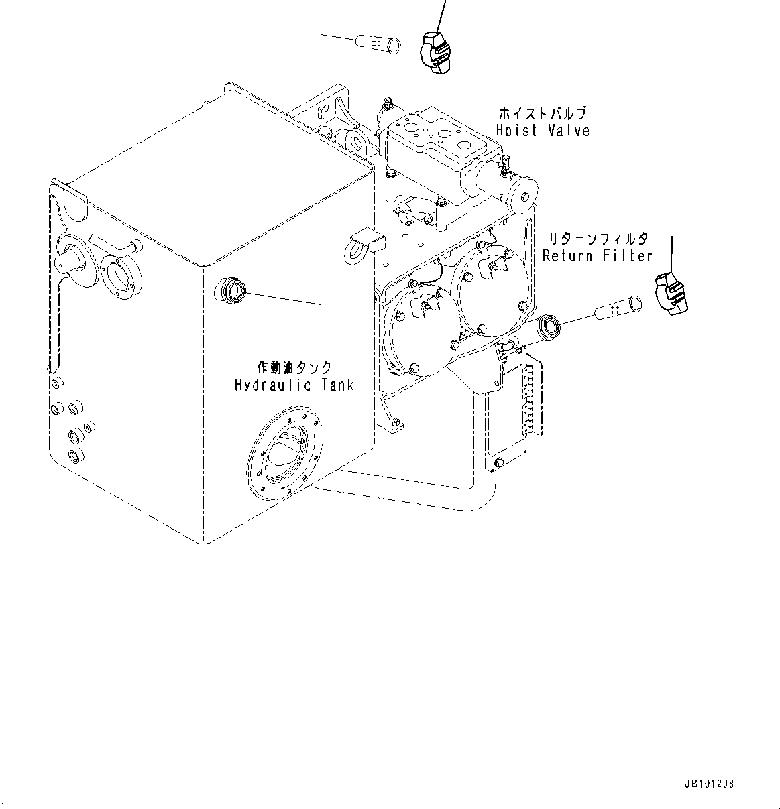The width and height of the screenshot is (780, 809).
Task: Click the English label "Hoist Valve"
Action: tap(543, 130)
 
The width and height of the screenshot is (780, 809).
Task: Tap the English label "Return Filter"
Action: tap(597, 255)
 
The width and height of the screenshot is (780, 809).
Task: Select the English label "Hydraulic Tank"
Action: tap(294, 385)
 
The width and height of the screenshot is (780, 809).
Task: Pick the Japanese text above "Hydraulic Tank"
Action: tap(294, 367)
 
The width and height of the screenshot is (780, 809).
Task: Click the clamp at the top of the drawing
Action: tap(434, 51)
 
